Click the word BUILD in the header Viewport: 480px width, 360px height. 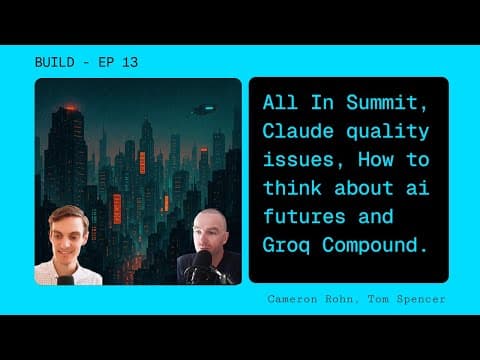tap(52, 62)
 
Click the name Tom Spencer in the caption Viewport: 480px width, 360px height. tap(407, 299)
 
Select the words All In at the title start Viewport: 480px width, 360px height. tap(291, 103)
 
